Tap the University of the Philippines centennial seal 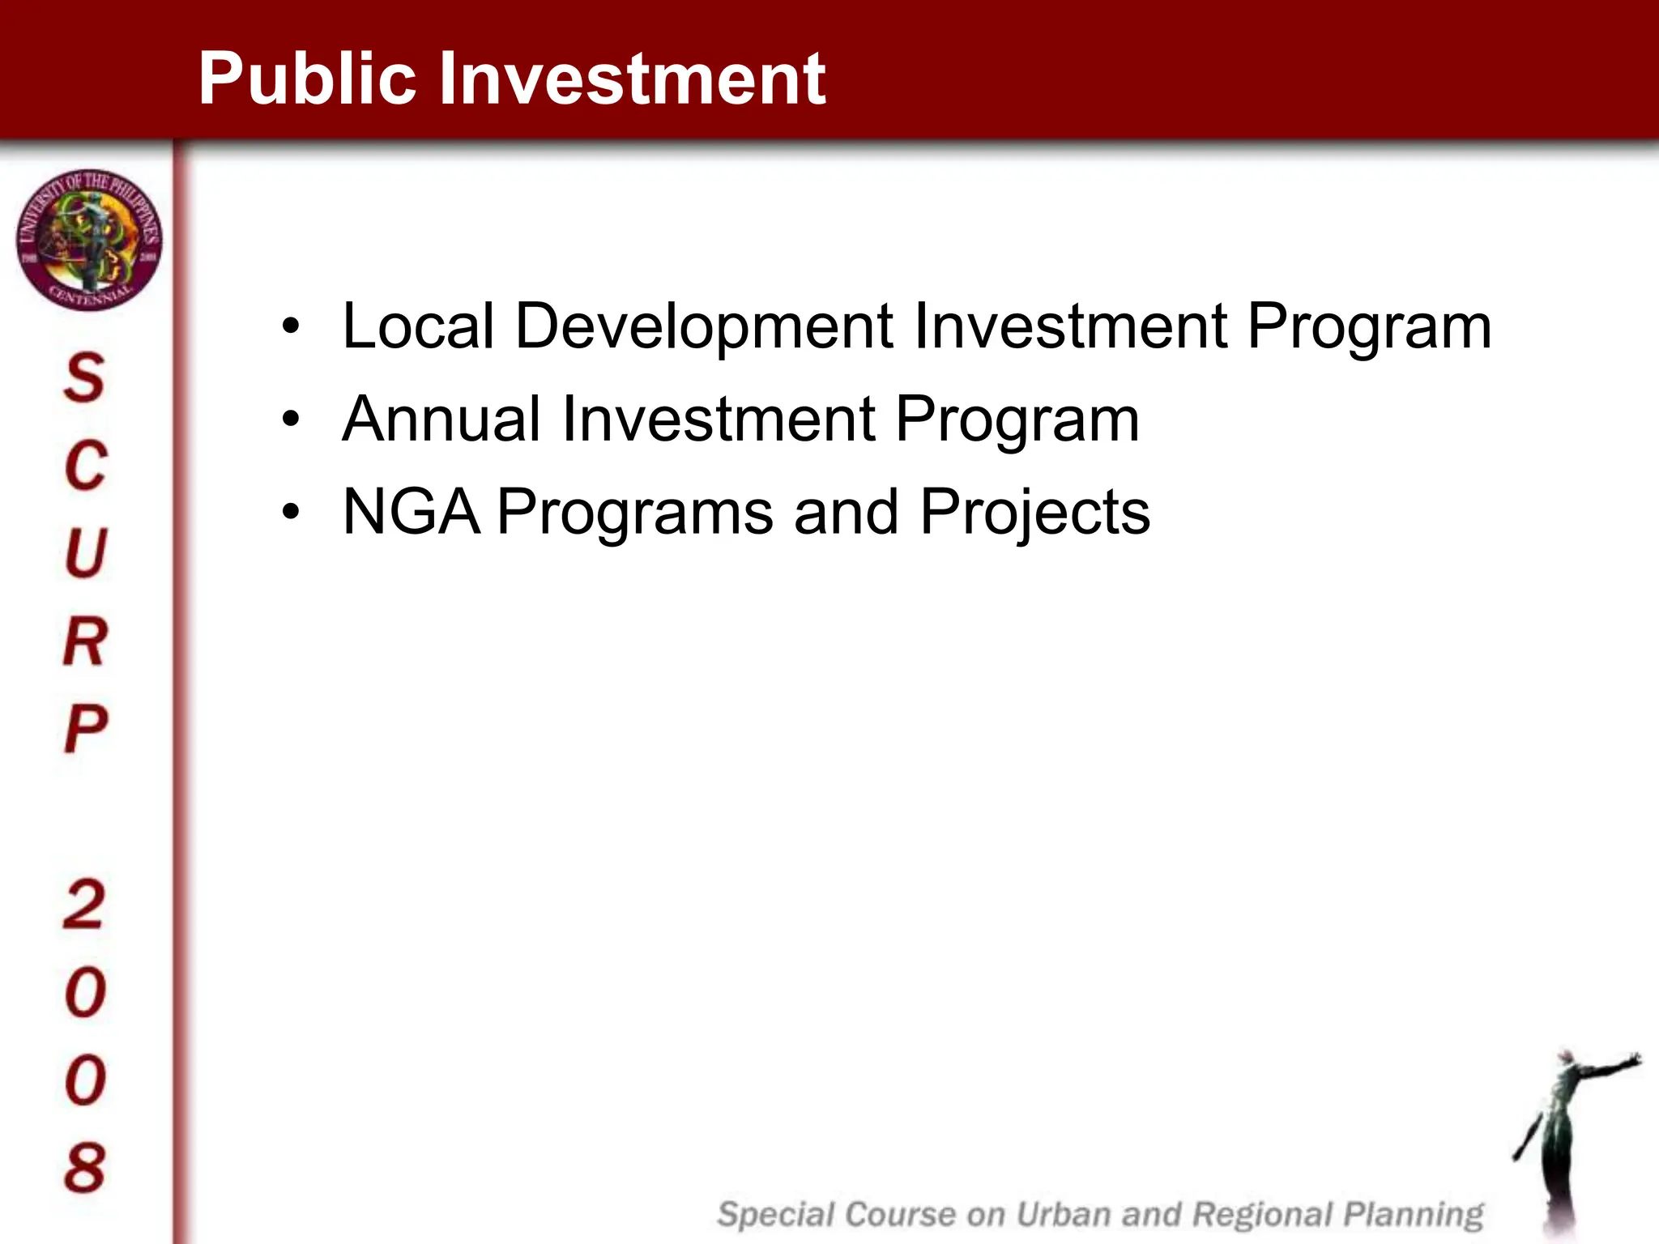coord(89,240)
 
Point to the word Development coord(704,326)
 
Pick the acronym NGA coord(411,513)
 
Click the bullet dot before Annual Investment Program coord(291,420)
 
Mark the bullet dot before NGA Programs coord(291,513)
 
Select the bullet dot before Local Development coord(291,326)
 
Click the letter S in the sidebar coord(85,378)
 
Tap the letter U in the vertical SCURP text coord(85,554)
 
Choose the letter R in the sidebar coord(85,641)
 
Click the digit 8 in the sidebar coord(85,1168)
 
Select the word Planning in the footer coord(1414,1215)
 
